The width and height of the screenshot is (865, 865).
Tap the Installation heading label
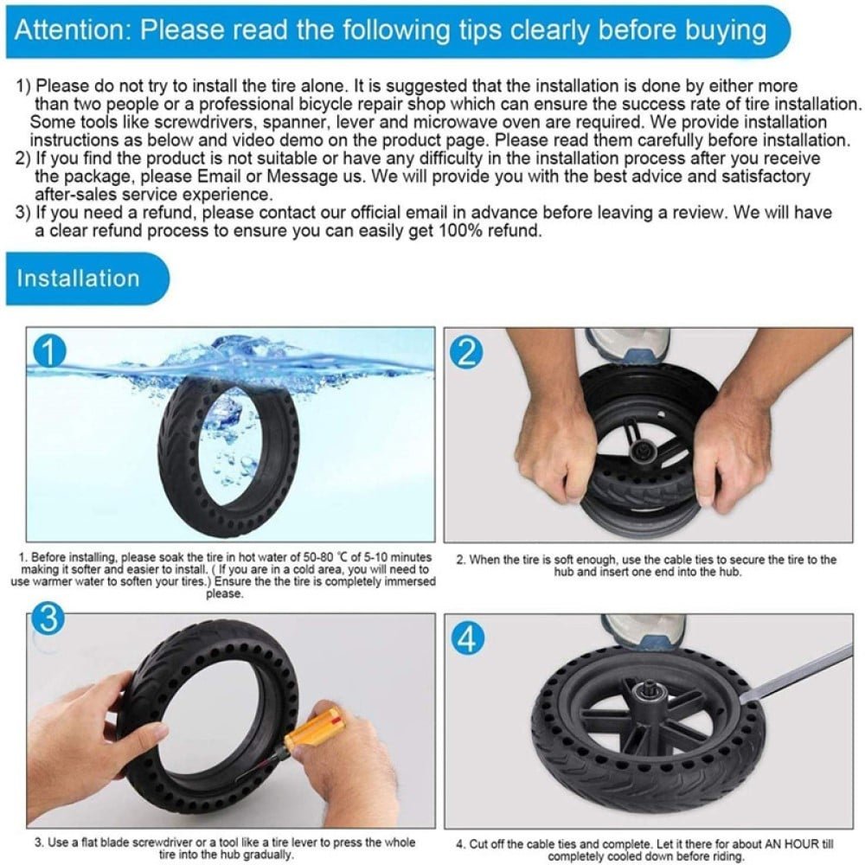pos(78,278)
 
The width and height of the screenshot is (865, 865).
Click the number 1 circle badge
pos(48,352)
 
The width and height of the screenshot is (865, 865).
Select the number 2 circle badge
pos(467,352)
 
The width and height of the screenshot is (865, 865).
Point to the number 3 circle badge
pos(48,619)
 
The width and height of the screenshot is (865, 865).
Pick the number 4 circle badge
pos(468,639)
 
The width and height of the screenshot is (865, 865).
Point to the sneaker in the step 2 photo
pos(625,346)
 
